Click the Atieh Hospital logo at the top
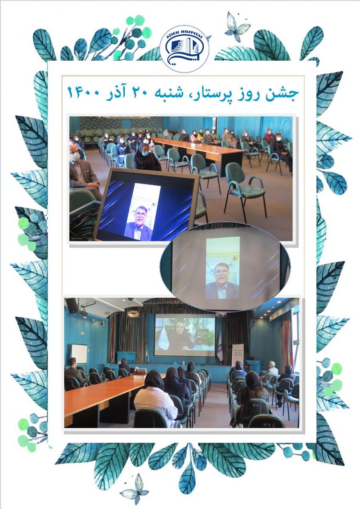coord(184,49)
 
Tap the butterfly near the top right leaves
coord(237,27)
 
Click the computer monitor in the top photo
coord(147,204)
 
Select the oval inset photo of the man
coord(225,266)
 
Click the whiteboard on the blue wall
coord(79,354)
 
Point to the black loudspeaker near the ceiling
coord(72,306)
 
